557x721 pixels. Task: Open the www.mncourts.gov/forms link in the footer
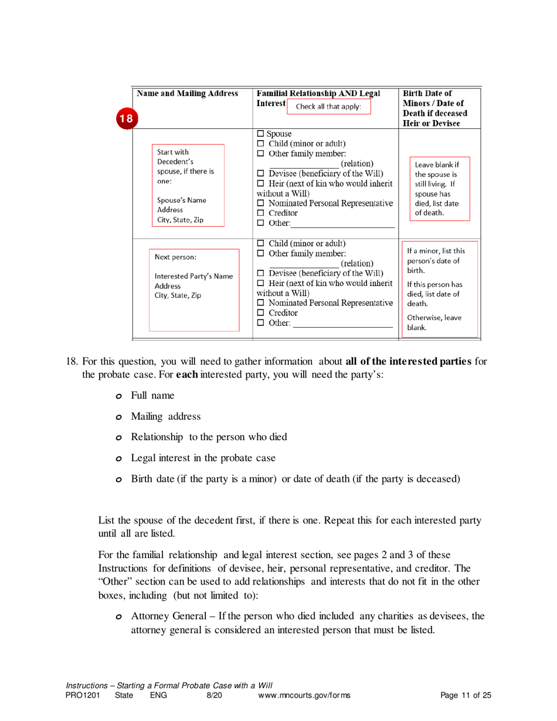[x=304, y=695]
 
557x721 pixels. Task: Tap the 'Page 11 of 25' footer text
[x=465, y=695]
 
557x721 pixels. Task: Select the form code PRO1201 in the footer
[x=81, y=695]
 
